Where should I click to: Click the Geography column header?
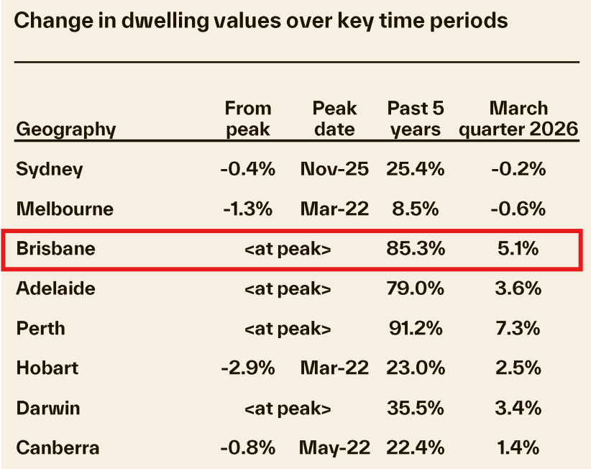[65, 129]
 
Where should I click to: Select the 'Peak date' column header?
[334, 119]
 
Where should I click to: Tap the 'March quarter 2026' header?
[518, 119]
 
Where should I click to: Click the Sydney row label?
[50, 170]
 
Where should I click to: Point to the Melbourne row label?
[65, 209]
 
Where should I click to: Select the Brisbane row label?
[56, 249]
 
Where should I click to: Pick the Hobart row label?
[47, 368]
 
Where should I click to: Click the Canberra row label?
[58, 447]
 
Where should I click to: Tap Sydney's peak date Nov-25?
[334, 170]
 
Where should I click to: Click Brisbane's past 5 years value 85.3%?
[416, 249]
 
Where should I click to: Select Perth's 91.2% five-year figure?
[415, 329]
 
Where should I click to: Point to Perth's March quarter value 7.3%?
[518, 329]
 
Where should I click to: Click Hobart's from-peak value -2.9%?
[248, 368]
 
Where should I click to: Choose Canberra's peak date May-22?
[334, 447]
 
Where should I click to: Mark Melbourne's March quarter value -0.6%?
[518, 209]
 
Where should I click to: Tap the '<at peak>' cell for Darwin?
[288, 409]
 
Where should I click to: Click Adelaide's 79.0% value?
[416, 288]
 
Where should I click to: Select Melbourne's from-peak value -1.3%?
[248, 209]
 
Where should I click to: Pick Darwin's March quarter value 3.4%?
[518, 409]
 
